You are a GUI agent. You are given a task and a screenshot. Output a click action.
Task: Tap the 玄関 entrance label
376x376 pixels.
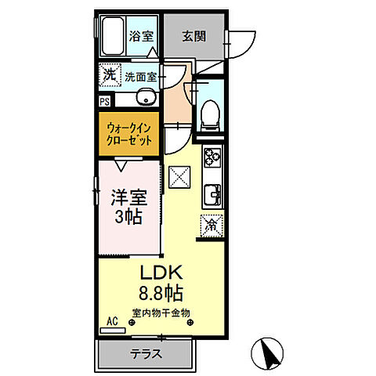(196, 34)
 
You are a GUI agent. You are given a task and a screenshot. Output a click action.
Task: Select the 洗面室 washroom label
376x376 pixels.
(141, 77)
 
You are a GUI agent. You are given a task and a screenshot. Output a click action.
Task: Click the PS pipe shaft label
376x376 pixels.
(104, 101)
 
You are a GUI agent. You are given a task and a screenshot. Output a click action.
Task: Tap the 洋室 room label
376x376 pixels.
(127, 197)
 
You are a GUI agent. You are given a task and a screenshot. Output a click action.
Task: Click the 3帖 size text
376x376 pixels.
(127, 217)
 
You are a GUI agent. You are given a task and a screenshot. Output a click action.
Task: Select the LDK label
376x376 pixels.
(162, 273)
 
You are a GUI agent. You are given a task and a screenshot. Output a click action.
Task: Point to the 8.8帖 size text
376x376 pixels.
(162, 295)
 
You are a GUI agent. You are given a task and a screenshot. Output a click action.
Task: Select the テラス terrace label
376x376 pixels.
(146, 352)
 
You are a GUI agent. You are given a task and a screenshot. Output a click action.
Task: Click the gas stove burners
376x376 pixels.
(211, 157)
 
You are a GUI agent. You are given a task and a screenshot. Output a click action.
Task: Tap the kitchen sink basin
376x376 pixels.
(211, 193)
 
